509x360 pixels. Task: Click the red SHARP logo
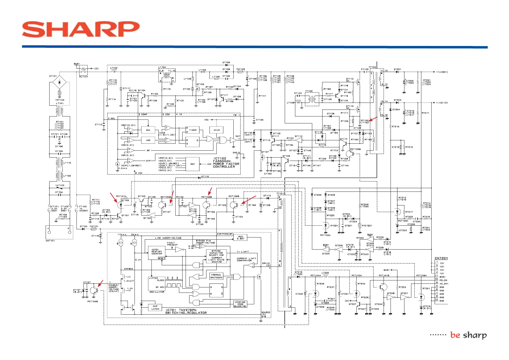click(81, 29)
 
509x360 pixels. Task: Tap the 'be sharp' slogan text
click(468, 335)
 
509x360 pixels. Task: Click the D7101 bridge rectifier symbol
click(59, 82)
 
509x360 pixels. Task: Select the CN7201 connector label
click(441, 258)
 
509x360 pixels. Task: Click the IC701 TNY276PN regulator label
click(186, 311)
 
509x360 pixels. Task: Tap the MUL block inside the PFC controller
click(148, 130)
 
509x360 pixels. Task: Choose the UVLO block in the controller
click(216, 130)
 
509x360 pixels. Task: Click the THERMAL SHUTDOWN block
click(216, 276)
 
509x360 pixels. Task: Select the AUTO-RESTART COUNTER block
click(157, 252)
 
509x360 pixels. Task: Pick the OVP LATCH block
click(155, 308)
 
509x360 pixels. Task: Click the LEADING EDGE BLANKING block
click(240, 304)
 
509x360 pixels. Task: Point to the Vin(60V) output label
click(442, 72)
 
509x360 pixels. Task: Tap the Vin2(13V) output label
click(442, 103)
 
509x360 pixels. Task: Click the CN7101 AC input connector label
click(50, 241)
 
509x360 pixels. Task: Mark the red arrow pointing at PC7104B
click(100, 283)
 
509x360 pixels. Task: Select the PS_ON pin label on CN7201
click(443, 280)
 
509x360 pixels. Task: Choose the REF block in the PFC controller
click(193, 164)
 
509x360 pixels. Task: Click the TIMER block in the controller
click(193, 130)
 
